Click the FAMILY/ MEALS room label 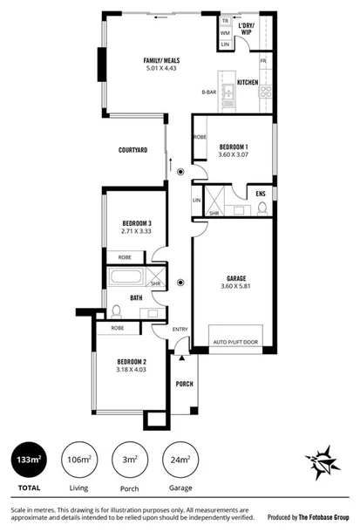coord(162,60)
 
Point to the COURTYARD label coord(132,151)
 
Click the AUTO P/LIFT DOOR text coord(236,342)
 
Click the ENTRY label coord(180,329)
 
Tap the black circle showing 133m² coord(30,459)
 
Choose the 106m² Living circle coord(79,459)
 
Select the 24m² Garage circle coord(180,459)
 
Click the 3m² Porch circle coord(130,459)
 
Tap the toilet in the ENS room coord(262,207)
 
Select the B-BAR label coord(209,91)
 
